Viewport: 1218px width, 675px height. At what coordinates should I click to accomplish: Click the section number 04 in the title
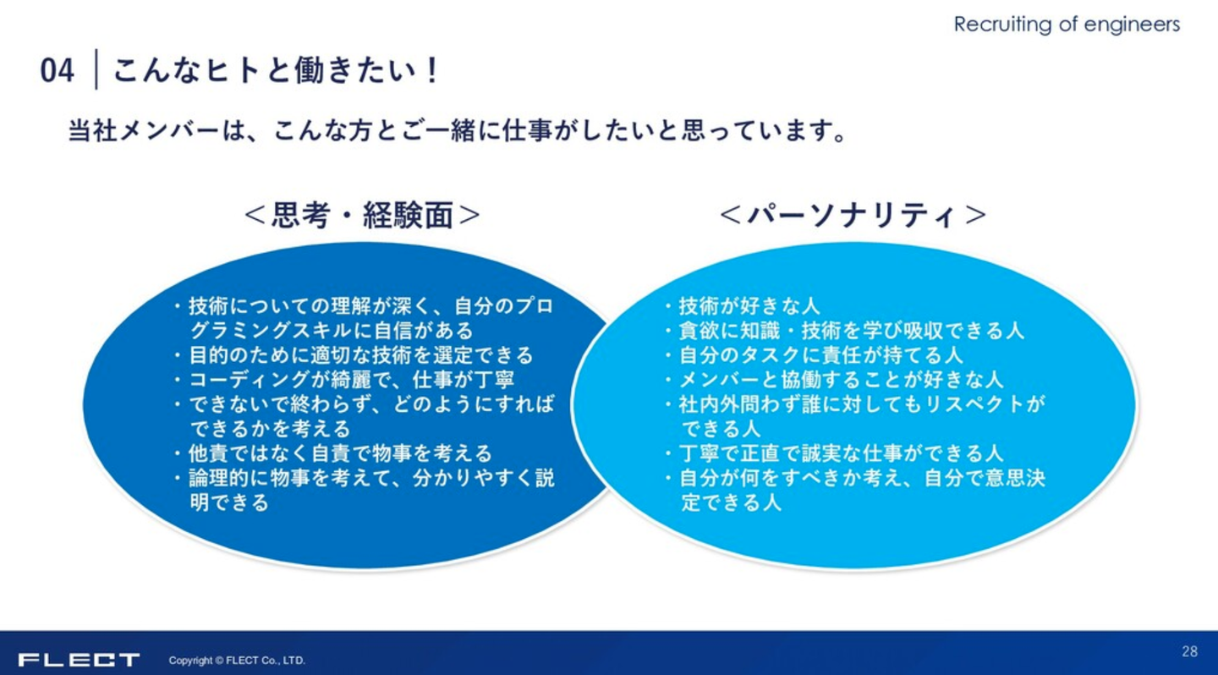(58, 71)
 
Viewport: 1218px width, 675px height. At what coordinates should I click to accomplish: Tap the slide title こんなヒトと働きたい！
(276, 71)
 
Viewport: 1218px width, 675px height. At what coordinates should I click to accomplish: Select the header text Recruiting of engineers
(1067, 25)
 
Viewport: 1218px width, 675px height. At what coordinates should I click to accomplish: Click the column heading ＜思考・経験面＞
(362, 216)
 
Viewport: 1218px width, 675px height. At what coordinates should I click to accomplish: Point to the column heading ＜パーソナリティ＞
(853, 216)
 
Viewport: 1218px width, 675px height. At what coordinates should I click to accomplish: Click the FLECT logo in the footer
(79, 660)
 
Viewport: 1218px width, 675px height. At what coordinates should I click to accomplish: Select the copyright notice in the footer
(237, 661)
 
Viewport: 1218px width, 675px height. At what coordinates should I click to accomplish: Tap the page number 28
(1190, 651)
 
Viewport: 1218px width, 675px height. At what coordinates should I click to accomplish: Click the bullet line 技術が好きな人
(749, 306)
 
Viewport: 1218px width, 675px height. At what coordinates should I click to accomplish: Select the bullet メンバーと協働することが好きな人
(841, 380)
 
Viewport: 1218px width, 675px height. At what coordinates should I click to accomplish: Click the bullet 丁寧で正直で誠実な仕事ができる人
(841, 453)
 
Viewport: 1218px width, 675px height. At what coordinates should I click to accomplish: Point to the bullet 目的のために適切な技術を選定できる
(361, 355)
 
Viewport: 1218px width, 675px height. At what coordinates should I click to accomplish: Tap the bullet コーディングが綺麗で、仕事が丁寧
(351, 380)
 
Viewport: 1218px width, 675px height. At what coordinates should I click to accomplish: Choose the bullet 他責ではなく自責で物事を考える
(340, 453)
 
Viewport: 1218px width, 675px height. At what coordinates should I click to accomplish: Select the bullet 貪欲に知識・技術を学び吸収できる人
(852, 331)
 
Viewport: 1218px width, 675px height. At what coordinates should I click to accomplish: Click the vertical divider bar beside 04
(96, 69)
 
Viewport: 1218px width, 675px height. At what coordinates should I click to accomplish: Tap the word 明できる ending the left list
(229, 502)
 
